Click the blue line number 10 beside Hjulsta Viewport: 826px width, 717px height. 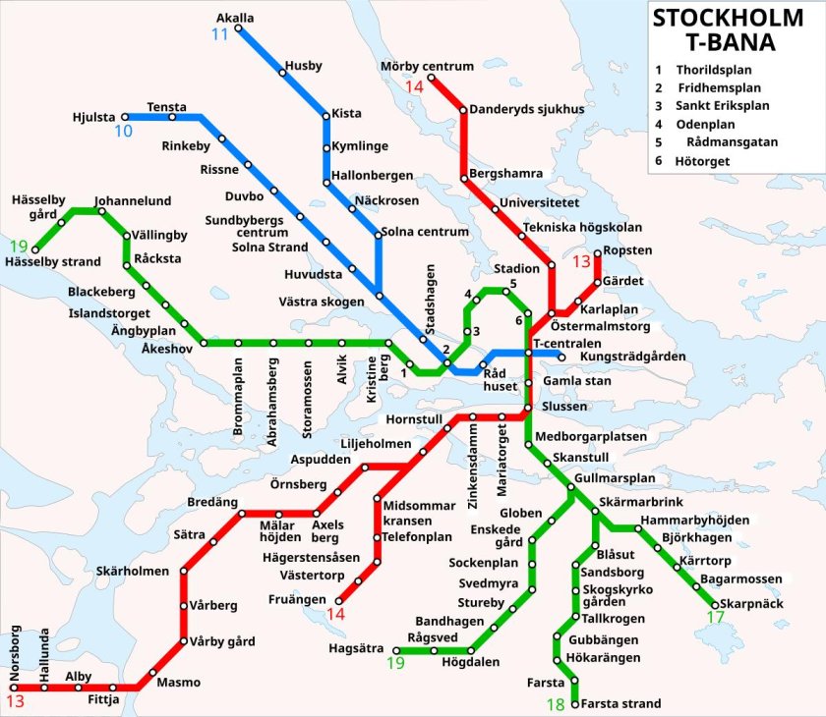[124, 131]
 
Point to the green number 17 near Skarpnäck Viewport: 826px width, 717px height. [715, 618]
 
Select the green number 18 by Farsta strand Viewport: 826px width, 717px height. [558, 704]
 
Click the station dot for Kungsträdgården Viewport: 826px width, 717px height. [561, 356]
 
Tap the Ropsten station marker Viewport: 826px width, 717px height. [597, 252]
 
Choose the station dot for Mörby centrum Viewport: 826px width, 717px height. [432, 78]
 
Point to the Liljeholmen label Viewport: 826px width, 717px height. [377, 444]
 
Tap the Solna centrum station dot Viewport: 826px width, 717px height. [379, 234]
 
